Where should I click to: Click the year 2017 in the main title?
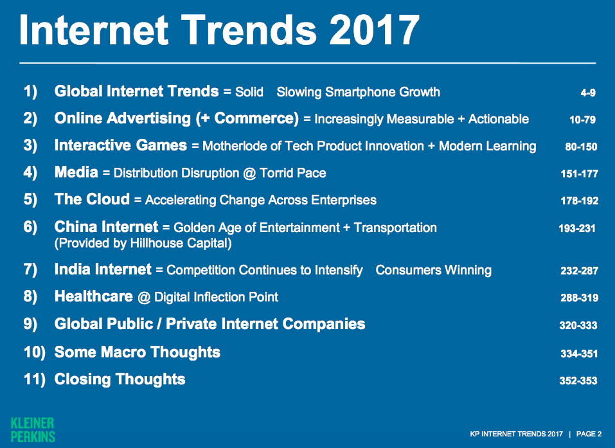375,30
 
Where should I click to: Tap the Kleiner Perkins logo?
33,430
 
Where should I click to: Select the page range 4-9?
588,93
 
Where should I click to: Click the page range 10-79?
582,120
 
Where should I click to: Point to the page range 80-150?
581,147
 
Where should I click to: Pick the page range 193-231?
577,228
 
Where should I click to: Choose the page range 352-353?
578,381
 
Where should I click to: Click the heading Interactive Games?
120,145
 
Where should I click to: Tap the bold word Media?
76,172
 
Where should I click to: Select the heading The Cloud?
92,199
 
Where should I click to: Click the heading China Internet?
106,227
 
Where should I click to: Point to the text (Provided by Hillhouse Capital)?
143,243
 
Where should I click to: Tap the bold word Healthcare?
94,296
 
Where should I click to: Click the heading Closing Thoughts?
120,379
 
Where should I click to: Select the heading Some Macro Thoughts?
138,352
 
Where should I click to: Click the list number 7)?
30,270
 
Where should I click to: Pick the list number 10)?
35,352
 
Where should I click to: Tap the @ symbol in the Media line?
249,174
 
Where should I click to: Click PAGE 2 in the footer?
589,434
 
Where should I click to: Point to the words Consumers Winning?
433,270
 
